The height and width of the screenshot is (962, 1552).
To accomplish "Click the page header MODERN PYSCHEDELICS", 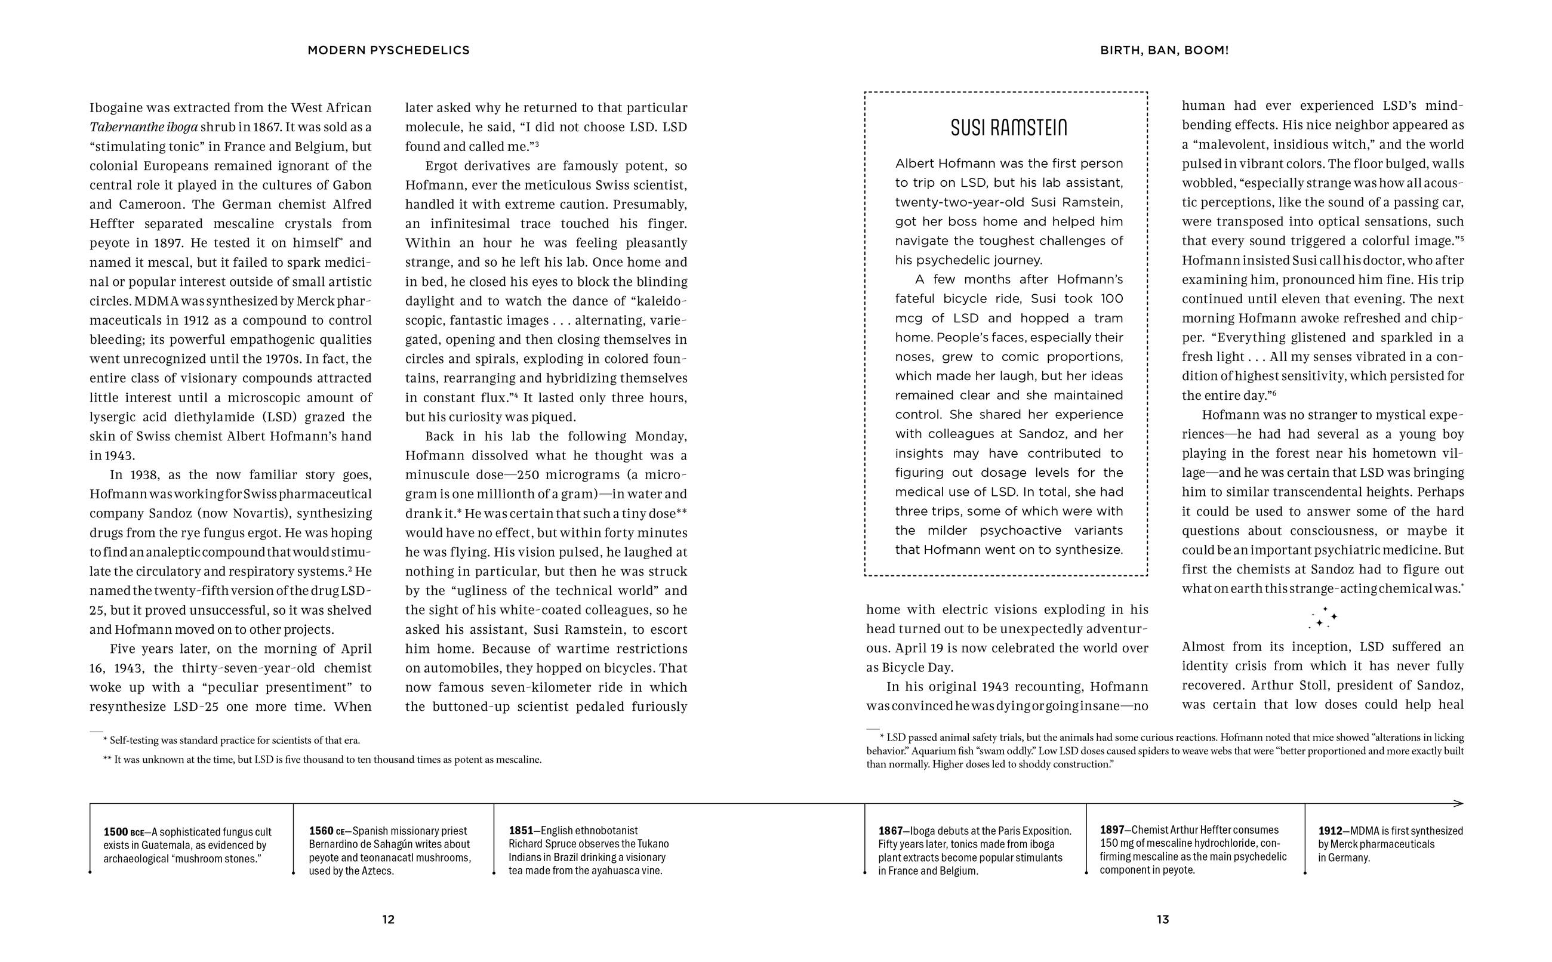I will coord(388,50).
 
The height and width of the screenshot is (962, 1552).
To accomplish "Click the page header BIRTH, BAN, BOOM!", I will coord(1164,50).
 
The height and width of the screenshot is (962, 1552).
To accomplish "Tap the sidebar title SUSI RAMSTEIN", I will coord(1008,128).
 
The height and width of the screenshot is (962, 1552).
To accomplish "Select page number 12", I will coord(388,920).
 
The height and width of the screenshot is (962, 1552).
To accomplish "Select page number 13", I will coord(1163,920).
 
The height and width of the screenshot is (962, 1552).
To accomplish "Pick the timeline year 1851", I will coord(521,830).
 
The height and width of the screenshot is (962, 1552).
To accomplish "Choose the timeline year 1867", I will coord(891,831).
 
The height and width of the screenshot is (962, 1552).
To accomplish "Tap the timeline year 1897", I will coord(1112,830).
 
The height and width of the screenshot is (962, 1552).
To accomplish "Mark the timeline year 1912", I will coord(1331,831).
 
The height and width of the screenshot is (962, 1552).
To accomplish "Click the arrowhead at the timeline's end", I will coord(1459,804).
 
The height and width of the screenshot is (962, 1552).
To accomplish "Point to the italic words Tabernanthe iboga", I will coord(144,127).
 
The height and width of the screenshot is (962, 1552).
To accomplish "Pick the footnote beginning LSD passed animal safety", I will coord(1165,751).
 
